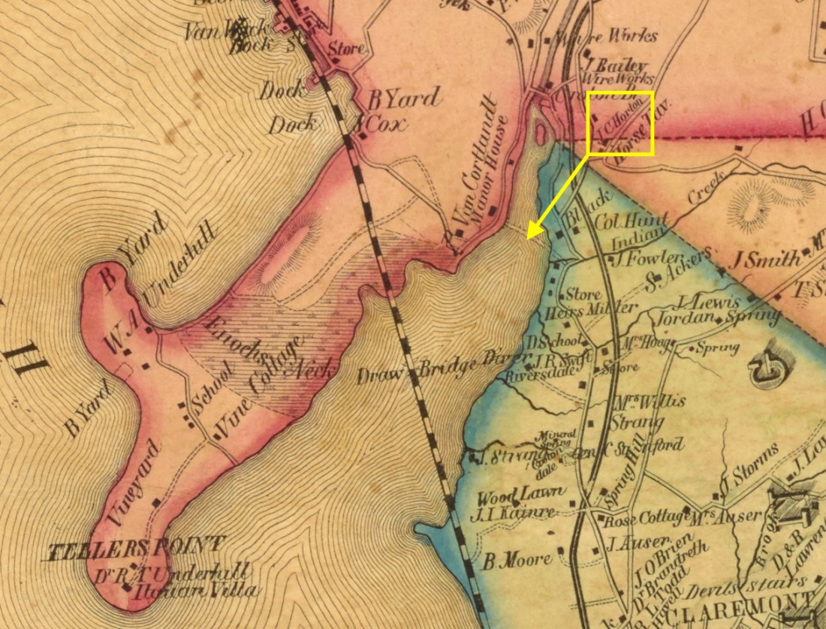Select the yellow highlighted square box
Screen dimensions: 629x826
(x=620, y=123)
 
